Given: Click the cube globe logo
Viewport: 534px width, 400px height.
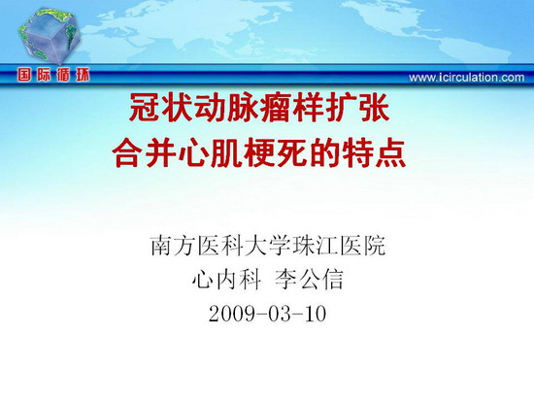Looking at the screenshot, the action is (x=50, y=36).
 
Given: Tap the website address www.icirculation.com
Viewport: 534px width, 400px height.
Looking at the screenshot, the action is (x=467, y=78).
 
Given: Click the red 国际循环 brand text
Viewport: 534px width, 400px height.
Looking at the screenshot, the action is (x=53, y=75).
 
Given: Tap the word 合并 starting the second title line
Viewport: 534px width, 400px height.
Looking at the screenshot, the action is (x=145, y=153).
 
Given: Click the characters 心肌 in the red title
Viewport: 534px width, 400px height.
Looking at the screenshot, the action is (x=210, y=153).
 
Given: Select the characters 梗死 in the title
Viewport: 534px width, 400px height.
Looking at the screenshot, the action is (x=276, y=153).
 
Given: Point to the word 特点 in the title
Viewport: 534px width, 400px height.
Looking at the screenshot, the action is (x=374, y=153).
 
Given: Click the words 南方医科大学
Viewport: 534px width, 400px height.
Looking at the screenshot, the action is (x=209, y=246).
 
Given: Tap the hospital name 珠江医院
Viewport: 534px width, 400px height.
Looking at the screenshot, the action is (x=327, y=246).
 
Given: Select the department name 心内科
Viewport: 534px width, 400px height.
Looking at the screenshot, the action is (x=226, y=280).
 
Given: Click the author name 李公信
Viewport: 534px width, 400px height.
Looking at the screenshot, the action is (x=309, y=280).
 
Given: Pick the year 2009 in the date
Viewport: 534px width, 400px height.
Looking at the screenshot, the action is (x=232, y=314).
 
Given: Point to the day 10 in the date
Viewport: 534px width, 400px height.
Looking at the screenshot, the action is (x=315, y=314).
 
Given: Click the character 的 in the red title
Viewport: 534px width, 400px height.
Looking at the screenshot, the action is (x=324, y=153).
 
